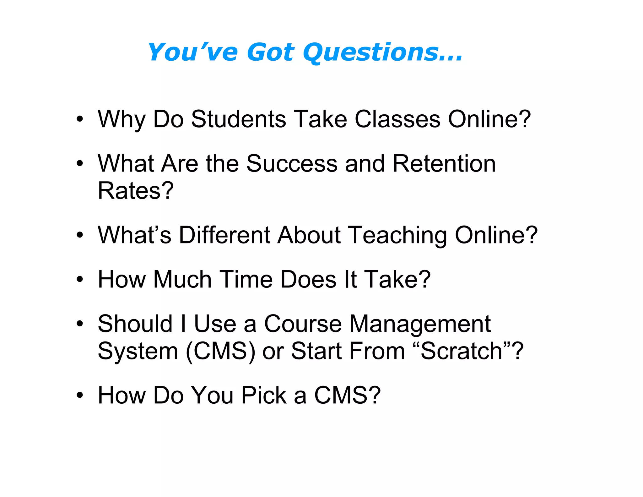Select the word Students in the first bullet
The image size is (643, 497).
(239, 119)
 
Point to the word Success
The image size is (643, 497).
(292, 164)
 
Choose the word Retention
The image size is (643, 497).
(444, 164)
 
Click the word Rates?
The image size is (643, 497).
(136, 191)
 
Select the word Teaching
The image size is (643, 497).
(398, 236)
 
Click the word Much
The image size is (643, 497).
(182, 279)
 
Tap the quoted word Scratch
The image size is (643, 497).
(462, 351)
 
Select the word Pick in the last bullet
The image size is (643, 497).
(264, 395)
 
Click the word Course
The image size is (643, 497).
(303, 324)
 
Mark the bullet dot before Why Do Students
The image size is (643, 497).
(80, 119)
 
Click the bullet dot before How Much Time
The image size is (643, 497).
(80, 279)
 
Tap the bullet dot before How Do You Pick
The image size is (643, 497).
(80, 395)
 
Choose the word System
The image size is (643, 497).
(138, 351)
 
